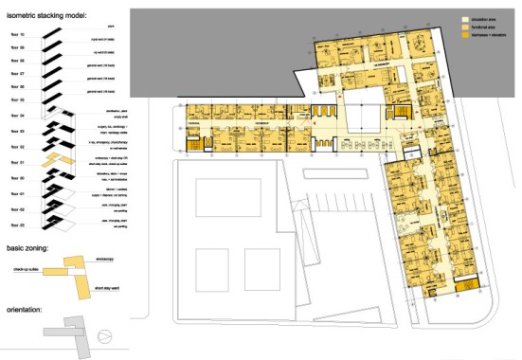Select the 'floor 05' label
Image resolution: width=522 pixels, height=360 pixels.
[x=13, y=98]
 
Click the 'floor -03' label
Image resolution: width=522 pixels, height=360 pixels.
[x=13, y=224]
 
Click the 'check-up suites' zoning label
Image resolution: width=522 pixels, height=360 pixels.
[x=26, y=269]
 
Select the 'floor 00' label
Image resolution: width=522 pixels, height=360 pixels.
[x=13, y=177]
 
